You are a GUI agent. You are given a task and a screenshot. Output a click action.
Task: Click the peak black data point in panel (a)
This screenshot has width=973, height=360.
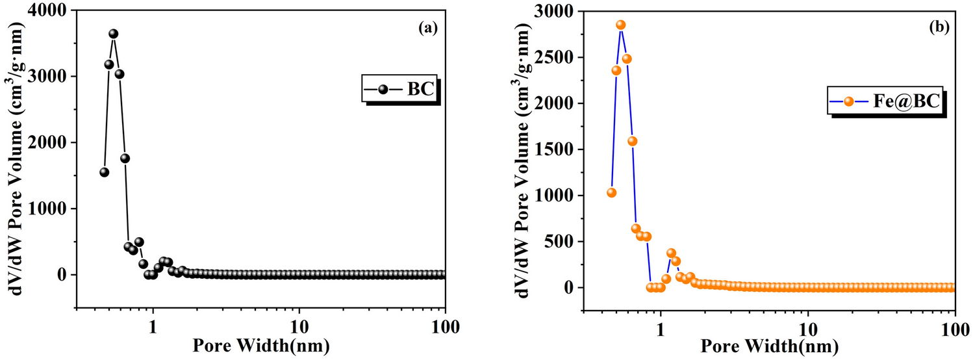pyautogui.click(x=113, y=34)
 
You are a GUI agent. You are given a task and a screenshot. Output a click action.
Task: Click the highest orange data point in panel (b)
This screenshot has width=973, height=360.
pyautogui.click(x=620, y=25)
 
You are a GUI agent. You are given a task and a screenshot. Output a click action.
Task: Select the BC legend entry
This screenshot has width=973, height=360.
pyautogui.click(x=401, y=88)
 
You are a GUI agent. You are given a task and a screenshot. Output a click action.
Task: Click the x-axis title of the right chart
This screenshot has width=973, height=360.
pyautogui.click(x=768, y=344)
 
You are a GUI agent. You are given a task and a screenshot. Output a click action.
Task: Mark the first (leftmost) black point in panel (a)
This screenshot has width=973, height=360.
pyautogui.click(x=104, y=172)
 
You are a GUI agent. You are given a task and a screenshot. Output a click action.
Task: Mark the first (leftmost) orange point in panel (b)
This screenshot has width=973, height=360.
pyautogui.click(x=611, y=192)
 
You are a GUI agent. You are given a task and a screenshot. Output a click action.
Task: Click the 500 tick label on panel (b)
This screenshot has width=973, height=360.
pyautogui.click(x=566, y=242)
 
